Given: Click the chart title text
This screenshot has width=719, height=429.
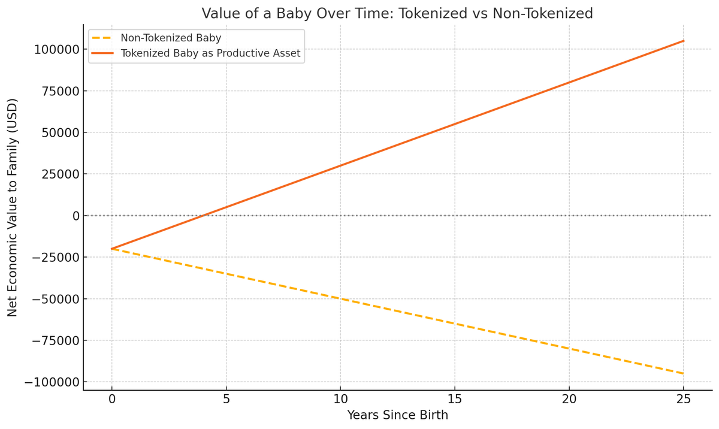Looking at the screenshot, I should (x=397, y=13).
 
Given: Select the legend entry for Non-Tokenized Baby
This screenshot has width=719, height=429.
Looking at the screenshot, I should (x=171, y=38).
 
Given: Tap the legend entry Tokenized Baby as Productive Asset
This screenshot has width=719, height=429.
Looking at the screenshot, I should (x=210, y=54).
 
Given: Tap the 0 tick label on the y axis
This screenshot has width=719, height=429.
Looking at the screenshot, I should (x=76, y=216).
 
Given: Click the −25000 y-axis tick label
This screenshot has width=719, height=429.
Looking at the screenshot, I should (x=55, y=258).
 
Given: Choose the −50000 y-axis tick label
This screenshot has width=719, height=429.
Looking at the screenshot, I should (x=55, y=299).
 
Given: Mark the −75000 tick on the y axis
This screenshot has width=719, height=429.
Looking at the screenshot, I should (x=55, y=340).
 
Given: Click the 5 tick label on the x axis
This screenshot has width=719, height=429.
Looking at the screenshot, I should (x=226, y=399).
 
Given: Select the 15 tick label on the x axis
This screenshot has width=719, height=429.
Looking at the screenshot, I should (x=455, y=399).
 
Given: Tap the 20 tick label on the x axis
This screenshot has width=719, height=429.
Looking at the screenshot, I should (x=569, y=399).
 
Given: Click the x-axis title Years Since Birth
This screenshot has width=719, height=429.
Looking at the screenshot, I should (x=397, y=415).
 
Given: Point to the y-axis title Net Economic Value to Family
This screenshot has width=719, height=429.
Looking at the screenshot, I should (x=13, y=207).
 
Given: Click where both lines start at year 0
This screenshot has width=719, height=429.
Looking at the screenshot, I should (x=112, y=249).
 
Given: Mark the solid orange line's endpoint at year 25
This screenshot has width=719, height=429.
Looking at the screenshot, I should (x=684, y=41).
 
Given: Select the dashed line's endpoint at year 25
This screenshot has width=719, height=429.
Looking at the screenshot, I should (x=684, y=374).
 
